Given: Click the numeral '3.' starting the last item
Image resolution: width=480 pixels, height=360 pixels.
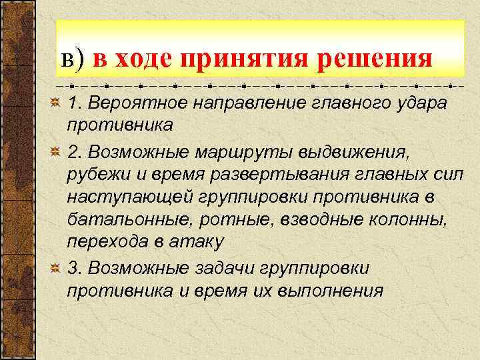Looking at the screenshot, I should (74, 268).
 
